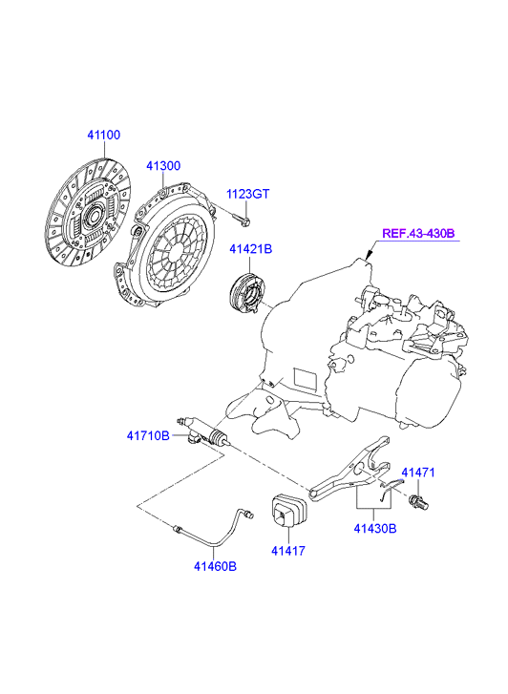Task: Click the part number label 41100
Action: [104, 135]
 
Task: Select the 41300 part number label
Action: [163, 166]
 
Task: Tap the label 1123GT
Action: [247, 194]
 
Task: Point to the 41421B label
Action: [251, 249]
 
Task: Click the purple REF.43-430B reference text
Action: [418, 233]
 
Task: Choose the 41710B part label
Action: [148, 436]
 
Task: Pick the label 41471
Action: [418, 473]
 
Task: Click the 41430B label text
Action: [375, 529]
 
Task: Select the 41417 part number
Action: [288, 551]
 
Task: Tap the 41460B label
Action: [215, 566]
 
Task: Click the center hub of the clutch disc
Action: [94, 216]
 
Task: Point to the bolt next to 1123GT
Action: [241, 219]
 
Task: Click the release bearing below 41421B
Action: [247, 292]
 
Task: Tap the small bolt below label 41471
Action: [418, 502]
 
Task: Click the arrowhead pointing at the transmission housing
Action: [368, 256]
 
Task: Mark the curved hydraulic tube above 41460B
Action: [215, 528]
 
